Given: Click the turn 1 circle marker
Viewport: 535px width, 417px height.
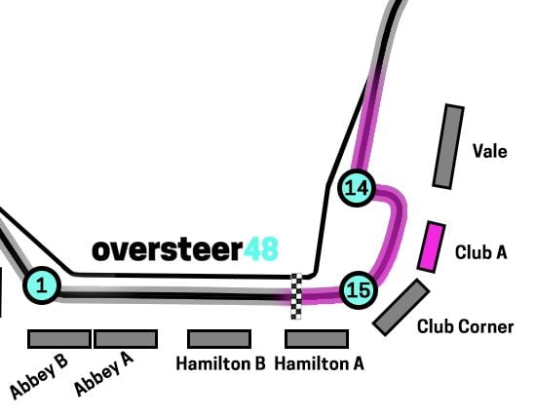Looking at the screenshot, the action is [x=42, y=285].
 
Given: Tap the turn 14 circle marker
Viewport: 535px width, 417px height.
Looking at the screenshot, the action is [x=357, y=188].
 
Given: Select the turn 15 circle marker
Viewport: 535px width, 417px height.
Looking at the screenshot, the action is [x=359, y=290].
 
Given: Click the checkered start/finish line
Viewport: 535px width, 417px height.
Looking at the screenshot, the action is [x=296, y=296].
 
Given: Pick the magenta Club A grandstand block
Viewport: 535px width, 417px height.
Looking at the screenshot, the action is [x=432, y=247].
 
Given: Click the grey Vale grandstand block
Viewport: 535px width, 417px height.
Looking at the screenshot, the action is [x=448, y=146].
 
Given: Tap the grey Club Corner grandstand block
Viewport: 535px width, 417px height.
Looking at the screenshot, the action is [x=401, y=307].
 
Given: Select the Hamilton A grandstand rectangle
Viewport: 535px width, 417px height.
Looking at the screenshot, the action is [x=317, y=339].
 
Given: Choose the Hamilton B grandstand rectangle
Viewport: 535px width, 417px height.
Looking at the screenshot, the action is [x=219, y=339].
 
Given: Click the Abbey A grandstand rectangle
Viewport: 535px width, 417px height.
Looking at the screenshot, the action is [x=126, y=339].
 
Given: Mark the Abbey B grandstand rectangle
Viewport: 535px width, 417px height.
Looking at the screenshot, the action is [x=59, y=339].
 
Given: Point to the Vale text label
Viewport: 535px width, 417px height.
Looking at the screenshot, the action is [x=489, y=150].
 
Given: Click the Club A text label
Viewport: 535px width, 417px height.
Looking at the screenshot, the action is [x=480, y=252].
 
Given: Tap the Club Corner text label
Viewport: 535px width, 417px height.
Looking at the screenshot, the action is [x=466, y=326].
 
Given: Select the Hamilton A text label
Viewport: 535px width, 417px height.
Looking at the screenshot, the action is [x=320, y=363].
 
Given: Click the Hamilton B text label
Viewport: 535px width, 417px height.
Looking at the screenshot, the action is [x=220, y=363].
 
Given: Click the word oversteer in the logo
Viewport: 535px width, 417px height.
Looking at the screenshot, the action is [x=168, y=249].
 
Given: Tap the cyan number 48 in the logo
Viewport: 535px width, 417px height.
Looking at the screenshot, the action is [x=261, y=249].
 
